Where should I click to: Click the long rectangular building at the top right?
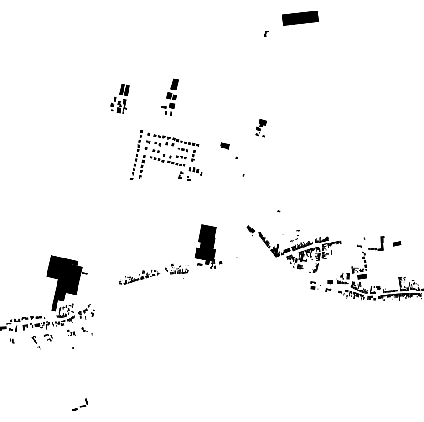pyautogui.click(x=300, y=18)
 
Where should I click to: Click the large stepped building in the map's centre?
pyautogui.click(x=207, y=243)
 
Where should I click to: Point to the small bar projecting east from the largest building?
pyautogui.click(x=85, y=274)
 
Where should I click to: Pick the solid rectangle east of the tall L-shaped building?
pyautogui.click(x=397, y=244)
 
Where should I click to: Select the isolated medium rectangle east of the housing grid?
pyautogui.click(x=225, y=146)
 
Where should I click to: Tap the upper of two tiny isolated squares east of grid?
pyautogui.click(x=237, y=158)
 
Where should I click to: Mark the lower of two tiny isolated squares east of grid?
pyautogui.click(x=243, y=175)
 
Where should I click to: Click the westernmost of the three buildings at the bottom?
pyautogui.click(x=74, y=410)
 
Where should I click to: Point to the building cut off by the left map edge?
pyautogui.click(x=3, y=328)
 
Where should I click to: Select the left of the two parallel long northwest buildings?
pyautogui.click(x=122, y=90)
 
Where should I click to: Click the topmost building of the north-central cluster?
pyautogui.click(x=175, y=84)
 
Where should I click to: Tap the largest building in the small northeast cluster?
pyautogui.click(x=263, y=122)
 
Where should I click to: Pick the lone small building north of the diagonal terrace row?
pyautogui.click(x=279, y=211)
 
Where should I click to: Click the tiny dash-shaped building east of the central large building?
pyautogui.click(x=237, y=258)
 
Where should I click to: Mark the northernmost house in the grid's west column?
pyautogui.click(x=142, y=132)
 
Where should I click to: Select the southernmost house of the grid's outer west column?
pyautogui.click(x=132, y=179)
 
